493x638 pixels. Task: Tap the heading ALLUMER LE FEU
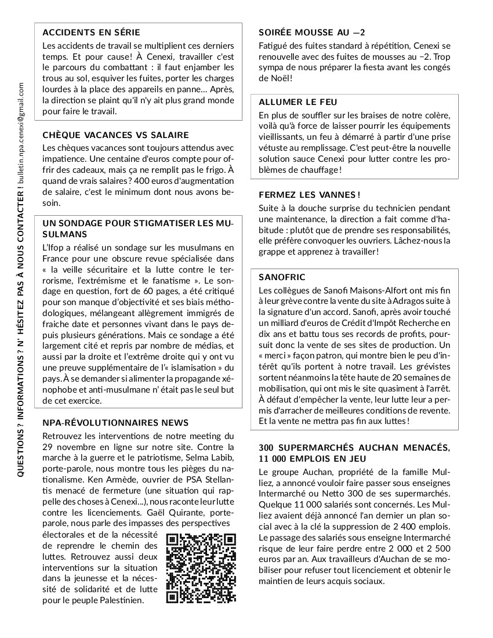tap(298, 102)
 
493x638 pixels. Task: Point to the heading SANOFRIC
tap(282, 277)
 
